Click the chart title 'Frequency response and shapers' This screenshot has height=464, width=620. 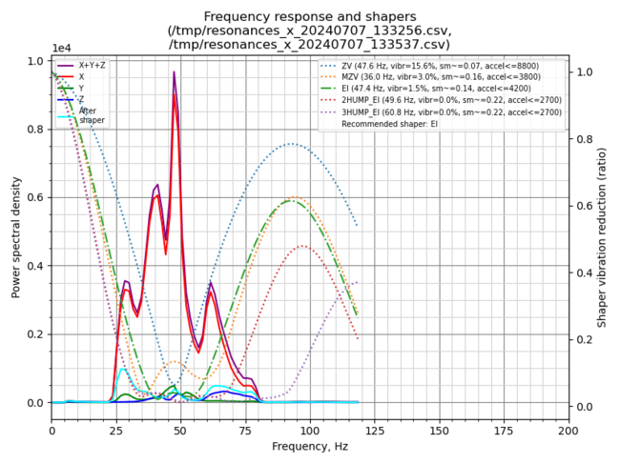[309, 16]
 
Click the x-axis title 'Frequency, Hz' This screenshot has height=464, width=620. [309, 446]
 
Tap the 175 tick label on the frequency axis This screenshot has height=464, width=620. [504, 430]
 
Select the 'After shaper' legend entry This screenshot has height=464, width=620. [92, 115]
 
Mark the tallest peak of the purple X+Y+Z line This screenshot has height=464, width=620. [174, 71]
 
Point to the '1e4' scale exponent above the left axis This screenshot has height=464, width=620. [61, 48]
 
